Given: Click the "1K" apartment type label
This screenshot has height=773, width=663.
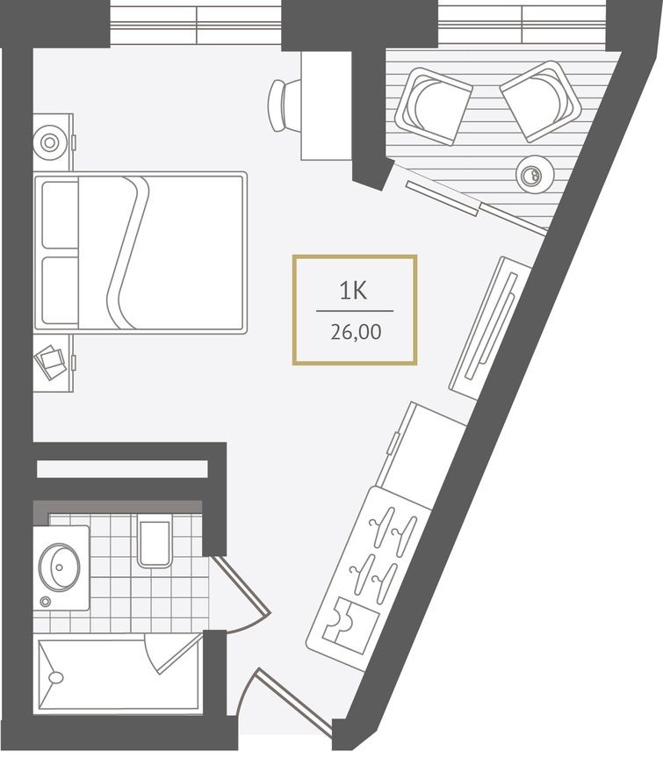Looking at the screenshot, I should [353, 291].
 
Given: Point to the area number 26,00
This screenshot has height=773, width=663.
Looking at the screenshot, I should [354, 333].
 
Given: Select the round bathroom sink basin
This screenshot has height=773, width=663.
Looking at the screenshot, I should [61, 562].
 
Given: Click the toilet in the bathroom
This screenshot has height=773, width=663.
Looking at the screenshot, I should [154, 541].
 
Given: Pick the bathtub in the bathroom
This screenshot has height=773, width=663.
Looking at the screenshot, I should [114, 675].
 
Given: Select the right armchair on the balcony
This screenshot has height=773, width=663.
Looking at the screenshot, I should [540, 100].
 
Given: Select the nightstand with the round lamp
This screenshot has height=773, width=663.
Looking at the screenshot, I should [52, 141].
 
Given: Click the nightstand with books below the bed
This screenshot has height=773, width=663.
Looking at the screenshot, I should [53, 361].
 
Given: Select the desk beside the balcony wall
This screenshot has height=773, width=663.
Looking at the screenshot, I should [326, 105].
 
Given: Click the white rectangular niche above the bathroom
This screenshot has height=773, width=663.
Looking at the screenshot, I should [122, 468].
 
